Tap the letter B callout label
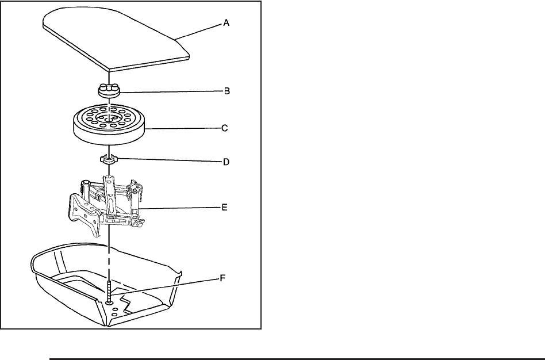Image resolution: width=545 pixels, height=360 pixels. click(227, 91)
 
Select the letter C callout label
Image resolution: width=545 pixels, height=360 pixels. click(225, 129)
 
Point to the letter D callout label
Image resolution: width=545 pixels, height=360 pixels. click(226, 162)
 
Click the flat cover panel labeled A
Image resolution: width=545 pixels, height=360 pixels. click(115, 40)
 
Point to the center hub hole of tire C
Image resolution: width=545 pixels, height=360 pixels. click(109, 117)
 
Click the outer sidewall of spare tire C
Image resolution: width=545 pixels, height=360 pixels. click(109, 135)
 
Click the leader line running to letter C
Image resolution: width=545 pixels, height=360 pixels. click(184, 129)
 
